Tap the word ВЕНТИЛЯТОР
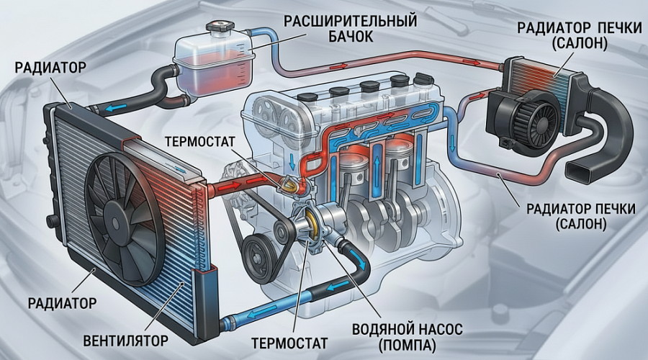point(125,341)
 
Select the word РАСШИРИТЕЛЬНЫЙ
point(350,21)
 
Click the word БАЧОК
point(351,37)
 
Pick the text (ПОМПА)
point(407,346)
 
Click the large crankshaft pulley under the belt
point(259,253)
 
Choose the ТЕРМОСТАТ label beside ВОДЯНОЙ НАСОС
point(289,343)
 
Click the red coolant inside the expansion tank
point(215,73)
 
